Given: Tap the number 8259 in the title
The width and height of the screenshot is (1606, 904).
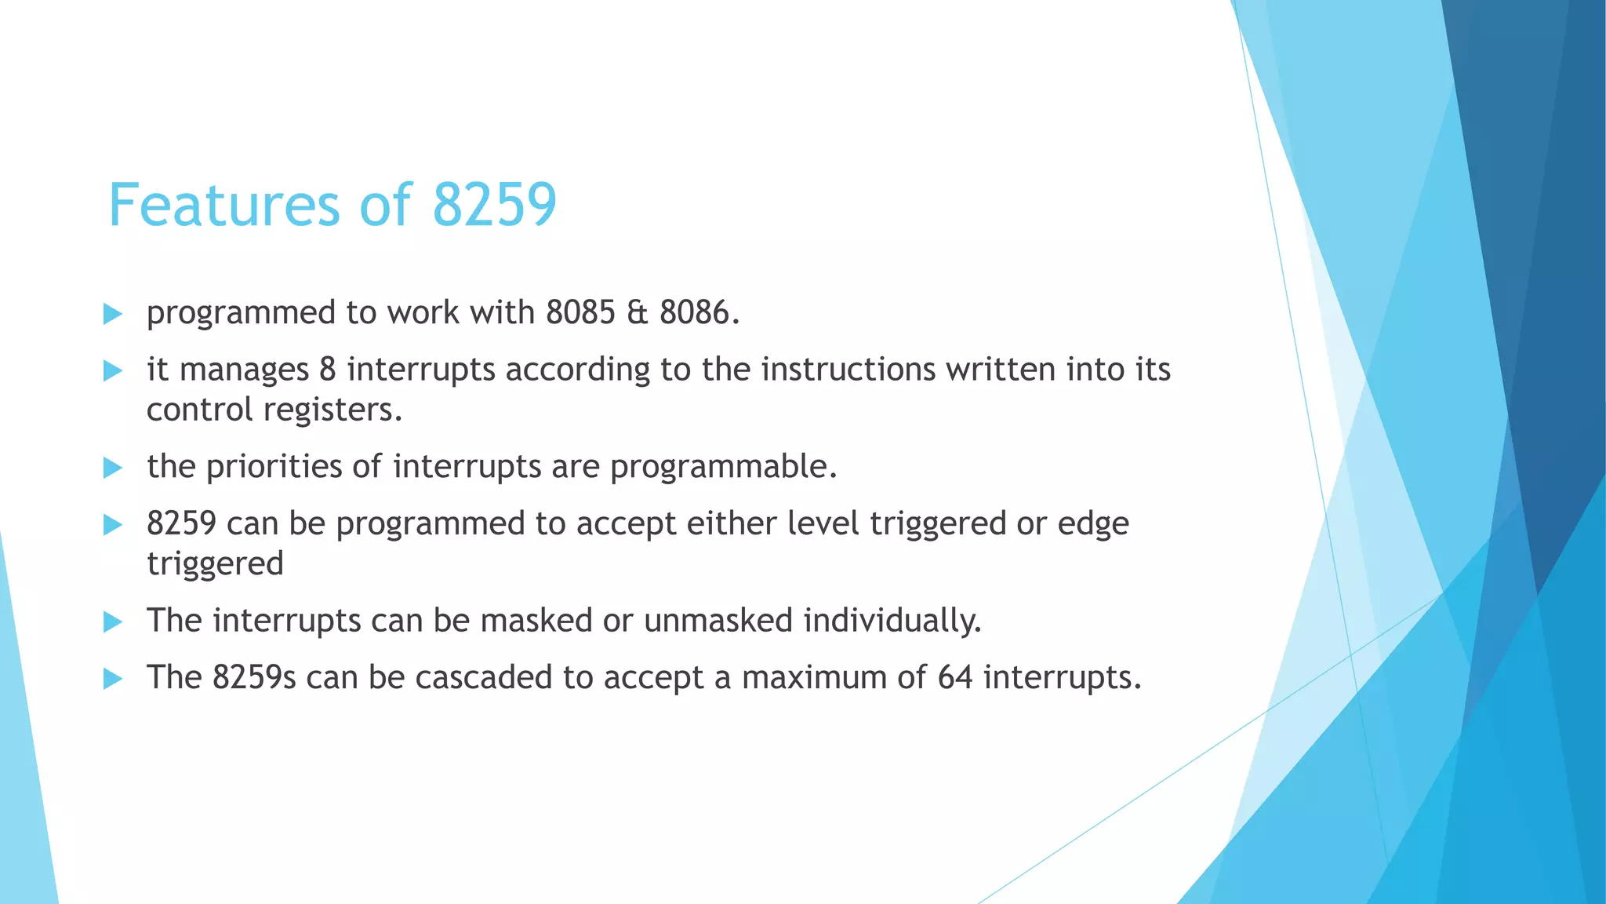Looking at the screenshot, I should point(494,206).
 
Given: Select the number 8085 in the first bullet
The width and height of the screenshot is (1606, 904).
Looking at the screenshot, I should point(580,313).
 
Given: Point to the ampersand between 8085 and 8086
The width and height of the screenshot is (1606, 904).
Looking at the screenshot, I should point(638,313).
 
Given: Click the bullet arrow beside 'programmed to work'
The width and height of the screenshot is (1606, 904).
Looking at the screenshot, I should point(113,315).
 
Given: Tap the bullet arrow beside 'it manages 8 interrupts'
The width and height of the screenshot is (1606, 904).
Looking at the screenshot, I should point(113,371).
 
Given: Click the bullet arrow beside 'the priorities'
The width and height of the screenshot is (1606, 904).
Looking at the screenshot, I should point(113,468).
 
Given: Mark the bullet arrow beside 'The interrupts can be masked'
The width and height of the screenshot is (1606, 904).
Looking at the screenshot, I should point(113,623).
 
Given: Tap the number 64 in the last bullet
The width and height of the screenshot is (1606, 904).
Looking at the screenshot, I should point(955,678).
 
